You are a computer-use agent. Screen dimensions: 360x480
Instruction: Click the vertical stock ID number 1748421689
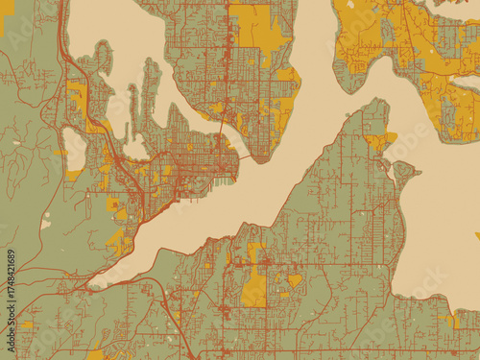pos(11,298)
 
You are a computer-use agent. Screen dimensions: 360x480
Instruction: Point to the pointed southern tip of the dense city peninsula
pos(252,158)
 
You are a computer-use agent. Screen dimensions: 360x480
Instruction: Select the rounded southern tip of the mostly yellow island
pos(358,86)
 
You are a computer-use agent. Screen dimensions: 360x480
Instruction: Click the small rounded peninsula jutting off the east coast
pos(403,174)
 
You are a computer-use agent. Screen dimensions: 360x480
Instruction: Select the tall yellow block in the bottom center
pos(254,288)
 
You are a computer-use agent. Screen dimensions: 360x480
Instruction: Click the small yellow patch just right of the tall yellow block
pos(294,280)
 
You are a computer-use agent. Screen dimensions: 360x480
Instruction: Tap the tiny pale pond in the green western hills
pos(45,224)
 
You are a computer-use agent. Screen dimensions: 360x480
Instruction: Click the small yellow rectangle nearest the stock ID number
pos(26,325)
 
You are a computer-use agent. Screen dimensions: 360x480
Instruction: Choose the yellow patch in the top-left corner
pos(7,9)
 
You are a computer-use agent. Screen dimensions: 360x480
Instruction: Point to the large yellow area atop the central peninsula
pos(259,24)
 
